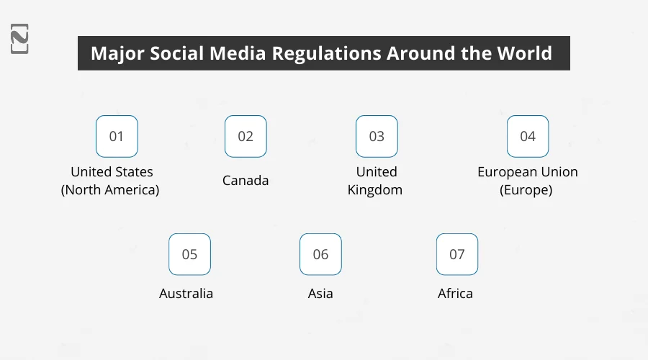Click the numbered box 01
click(117, 136)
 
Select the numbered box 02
click(246, 136)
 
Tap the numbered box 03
click(377, 136)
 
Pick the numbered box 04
click(528, 136)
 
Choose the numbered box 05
click(189, 254)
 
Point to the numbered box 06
click(320, 254)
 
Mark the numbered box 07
click(457, 254)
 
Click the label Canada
click(246, 181)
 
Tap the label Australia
click(186, 294)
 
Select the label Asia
click(320, 294)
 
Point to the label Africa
click(455, 294)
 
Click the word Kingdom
click(374, 190)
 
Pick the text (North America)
click(110, 190)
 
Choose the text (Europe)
click(528, 190)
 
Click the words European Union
click(528, 172)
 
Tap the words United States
click(112, 172)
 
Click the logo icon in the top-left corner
click(19, 39)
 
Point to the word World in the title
click(529, 54)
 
